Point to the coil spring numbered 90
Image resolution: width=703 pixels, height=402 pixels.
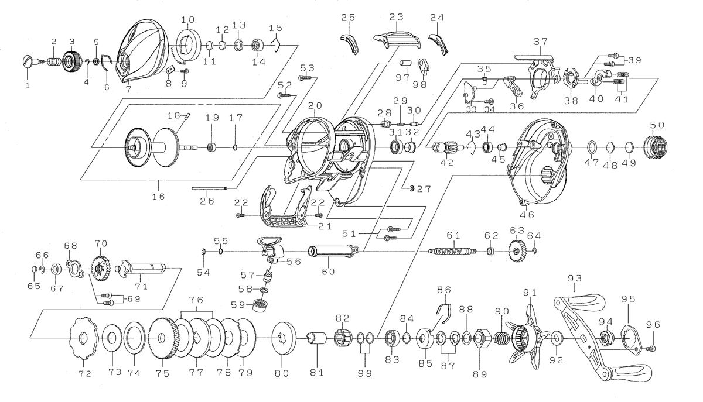502,338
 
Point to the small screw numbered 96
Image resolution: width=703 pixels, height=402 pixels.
653,349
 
